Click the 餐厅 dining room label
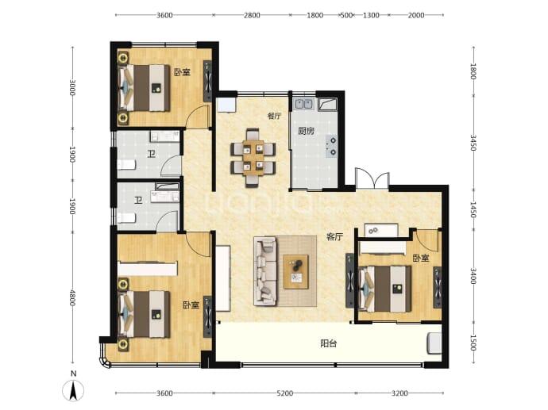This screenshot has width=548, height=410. tap(274, 117)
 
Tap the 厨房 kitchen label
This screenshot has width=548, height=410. tap(306, 131)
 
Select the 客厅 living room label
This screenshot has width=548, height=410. tap(334, 237)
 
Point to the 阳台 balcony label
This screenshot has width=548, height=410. tap(329, 343)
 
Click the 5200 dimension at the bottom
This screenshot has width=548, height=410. tap(284, 393)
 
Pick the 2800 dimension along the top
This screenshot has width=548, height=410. tap(252, 15)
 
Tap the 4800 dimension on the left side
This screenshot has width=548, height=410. tap(72, 297)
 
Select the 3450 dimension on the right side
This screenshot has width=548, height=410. tap(473, 143)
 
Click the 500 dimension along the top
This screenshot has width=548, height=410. tap(346, 15)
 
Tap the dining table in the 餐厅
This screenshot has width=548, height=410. tap(253, 158)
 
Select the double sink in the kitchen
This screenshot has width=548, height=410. tap(303, 104)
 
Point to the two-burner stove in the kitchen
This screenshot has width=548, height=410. tap(332, 146)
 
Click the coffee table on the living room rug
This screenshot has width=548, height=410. tap(296, 272)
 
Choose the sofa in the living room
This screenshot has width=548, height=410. tap(265, 271)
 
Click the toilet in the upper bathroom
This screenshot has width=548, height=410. tap(126, 164)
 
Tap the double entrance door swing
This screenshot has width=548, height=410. tap(372, 179)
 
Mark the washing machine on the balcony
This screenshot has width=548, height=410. tap(434, 343)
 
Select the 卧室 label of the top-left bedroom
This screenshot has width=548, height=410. tap(182, 73)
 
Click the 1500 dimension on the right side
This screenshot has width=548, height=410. tap(473, 343)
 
